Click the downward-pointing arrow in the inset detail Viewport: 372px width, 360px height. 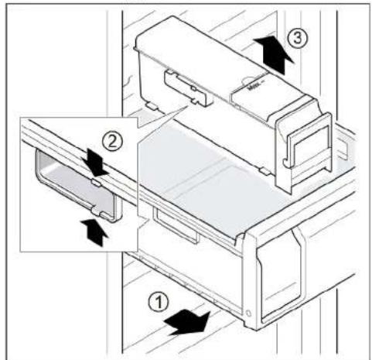click(96, 163)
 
